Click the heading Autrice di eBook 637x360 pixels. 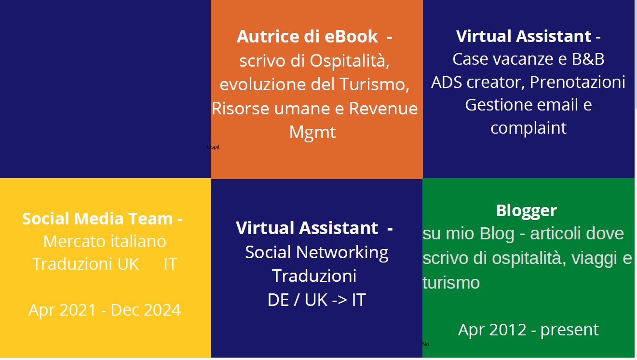point(307,36)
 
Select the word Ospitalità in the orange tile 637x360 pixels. point(350,61)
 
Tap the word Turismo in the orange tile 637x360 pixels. point(375,84)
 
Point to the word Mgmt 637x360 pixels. point(312,132)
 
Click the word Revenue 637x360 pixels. point(383,109)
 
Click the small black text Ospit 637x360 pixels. point(213,147)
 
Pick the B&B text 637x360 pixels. point(588,59)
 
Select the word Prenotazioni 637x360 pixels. point(577,82)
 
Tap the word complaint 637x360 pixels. point(529,128)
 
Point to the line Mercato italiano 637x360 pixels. point(105,241)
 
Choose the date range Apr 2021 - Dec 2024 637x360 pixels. point(105,310)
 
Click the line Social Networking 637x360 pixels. point(317,252)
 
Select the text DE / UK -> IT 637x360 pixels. point(317,300)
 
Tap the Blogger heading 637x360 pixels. point(527,211)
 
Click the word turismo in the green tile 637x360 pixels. point(451,283)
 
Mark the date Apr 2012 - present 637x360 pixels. point(529,330)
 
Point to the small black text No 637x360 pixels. point(426,344)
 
